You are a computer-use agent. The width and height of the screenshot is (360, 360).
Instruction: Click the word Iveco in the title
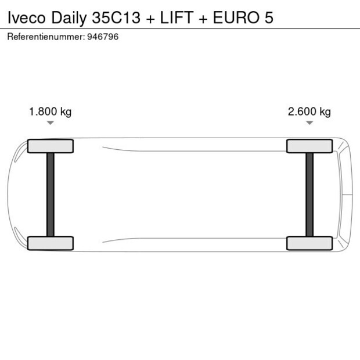pyautogui.click(x=26, y=17)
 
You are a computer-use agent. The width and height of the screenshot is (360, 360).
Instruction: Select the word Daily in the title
pyautogui.click(x=69, y=19)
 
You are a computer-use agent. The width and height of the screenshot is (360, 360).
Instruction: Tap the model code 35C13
pyautogui.click(x=116, y=17)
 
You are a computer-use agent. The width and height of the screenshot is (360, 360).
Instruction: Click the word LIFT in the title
pyautogui.click(x=177, y=17)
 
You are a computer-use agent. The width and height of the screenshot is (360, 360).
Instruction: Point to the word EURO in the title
pyautogui.click(x=236, y=17)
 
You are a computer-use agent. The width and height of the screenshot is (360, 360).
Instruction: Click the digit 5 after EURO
pyautogui.click(x=269, y=17)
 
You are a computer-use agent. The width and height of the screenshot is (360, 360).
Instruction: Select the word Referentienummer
pyautogui.click(x=46, y=37)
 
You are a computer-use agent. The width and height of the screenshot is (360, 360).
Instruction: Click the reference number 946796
pyautogui.click(x=103, y=37)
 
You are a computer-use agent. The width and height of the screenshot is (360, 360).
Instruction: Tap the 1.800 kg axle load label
pyautogui.click(x=51, y=112)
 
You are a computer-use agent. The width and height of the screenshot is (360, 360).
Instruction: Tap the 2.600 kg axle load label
pyautogui.click(x=309, y=112)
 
